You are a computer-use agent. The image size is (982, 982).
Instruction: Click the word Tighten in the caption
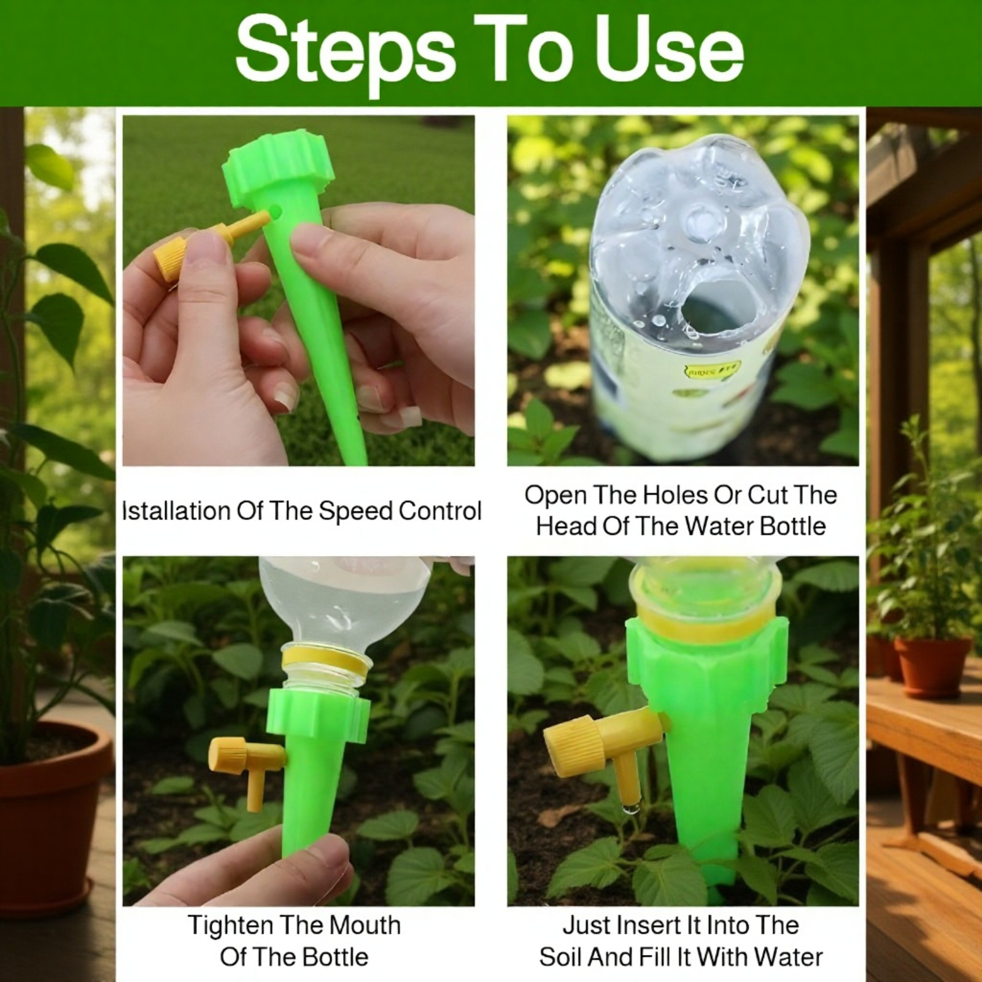pos(230,925)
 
